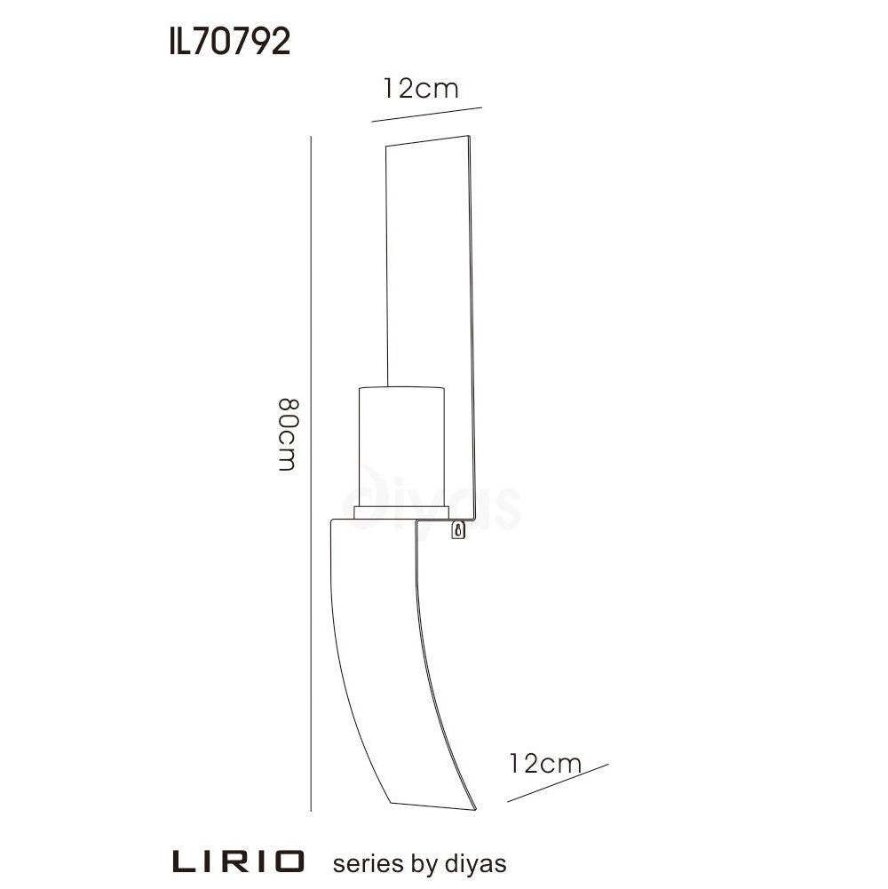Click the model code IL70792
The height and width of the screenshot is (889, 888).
coord(229,42)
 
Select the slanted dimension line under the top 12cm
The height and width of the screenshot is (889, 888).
coord(426,114)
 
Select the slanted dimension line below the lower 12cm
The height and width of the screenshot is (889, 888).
coord(558,782)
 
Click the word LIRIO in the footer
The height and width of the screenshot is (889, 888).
coord(238,861)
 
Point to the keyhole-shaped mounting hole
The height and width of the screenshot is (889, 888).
coord(458,531)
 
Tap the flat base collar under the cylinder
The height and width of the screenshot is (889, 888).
coord(400,512)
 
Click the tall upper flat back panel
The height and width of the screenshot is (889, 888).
coord(428,266)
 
